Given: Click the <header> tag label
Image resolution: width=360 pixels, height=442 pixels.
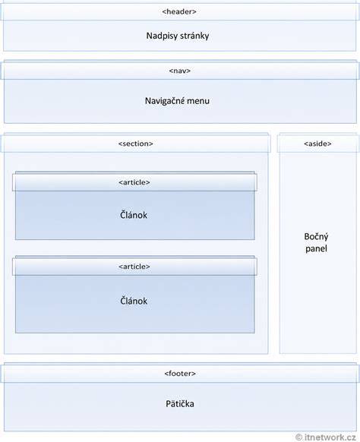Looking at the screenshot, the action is click(179, 11).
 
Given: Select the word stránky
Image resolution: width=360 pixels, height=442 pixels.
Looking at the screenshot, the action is click(194, 36).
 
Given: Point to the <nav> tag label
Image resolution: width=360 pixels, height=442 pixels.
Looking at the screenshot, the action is click(179, 71).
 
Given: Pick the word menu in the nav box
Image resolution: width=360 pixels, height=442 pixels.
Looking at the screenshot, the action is click(199, 101).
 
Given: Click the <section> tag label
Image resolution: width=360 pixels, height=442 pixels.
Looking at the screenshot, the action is click(136, 144).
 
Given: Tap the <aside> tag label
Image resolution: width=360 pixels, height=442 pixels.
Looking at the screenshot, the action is click(317, 144).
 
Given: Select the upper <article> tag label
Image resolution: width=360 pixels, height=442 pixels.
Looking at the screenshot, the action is click(134, 182).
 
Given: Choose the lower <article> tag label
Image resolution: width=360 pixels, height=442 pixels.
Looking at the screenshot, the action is click(134, 267).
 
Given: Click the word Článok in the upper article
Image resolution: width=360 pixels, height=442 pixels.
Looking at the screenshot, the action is click(134, 214).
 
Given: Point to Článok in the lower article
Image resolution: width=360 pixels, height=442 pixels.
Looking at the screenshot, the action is click(134, 301).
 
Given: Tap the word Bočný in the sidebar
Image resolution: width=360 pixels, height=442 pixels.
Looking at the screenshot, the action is click(316, 237).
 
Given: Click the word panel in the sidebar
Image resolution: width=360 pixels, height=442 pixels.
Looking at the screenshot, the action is click(316, 248).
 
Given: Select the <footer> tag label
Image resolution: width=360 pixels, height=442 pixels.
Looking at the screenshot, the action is click(180, 373).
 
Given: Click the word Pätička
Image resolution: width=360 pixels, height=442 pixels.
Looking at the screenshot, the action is click(180, 403).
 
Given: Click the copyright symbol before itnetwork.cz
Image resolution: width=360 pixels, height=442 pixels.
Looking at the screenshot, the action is click(298, 437).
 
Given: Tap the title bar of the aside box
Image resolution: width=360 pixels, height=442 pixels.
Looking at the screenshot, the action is click(318, 144).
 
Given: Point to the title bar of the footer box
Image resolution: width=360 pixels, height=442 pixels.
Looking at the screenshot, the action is click(180, 373).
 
